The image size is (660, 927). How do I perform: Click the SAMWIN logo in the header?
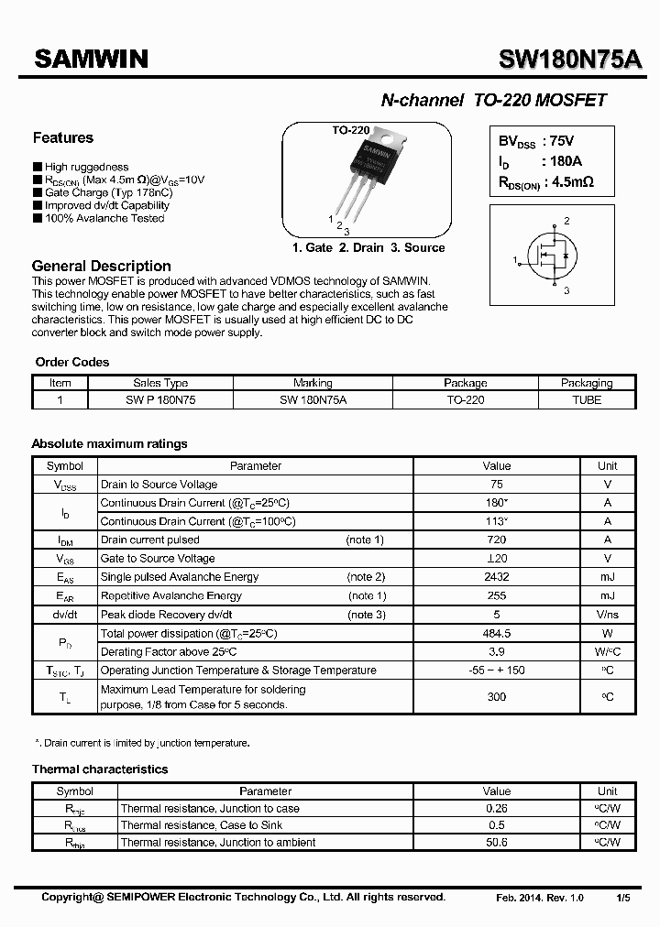91,59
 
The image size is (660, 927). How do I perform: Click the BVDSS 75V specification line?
536,142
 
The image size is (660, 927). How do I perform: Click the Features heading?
63,138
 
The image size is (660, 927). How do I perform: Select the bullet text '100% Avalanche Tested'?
104,218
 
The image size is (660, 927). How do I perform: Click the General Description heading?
101,266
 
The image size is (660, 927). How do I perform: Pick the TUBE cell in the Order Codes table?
587,400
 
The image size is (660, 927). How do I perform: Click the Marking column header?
313,383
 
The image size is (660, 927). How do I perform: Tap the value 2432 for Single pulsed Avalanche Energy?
497,577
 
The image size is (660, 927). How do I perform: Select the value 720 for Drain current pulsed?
497,540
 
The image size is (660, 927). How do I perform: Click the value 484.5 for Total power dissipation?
497,633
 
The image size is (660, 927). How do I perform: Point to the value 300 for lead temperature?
497,697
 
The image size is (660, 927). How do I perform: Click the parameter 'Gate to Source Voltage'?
158,559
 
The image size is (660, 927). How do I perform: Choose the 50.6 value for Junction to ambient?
497,842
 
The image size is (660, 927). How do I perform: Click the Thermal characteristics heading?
100,769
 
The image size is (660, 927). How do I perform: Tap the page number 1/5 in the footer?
622,898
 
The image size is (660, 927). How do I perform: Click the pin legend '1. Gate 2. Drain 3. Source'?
368,248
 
